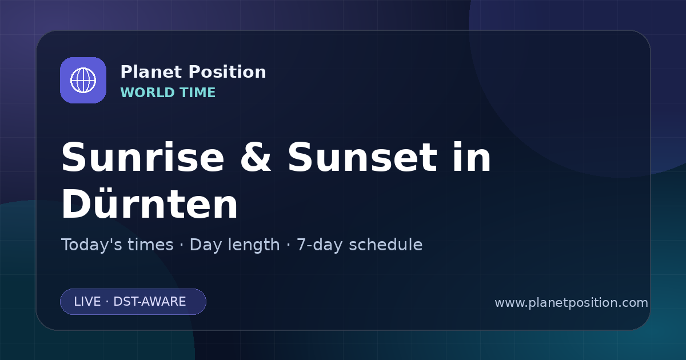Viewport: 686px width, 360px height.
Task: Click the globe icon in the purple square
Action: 83,80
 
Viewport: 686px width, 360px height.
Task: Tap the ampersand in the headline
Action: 256,157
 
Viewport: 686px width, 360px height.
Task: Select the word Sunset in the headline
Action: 362,157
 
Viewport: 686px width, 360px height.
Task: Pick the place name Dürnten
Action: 149,203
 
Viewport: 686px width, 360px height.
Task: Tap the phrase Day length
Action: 234,245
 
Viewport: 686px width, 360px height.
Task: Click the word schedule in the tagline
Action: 386,245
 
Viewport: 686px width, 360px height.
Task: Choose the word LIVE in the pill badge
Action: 87,302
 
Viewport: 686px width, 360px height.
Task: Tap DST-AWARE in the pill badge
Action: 149,302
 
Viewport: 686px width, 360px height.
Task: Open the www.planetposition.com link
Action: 572,303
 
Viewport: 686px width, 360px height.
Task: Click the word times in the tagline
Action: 150,245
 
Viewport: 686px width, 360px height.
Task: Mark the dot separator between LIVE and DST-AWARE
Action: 107,302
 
